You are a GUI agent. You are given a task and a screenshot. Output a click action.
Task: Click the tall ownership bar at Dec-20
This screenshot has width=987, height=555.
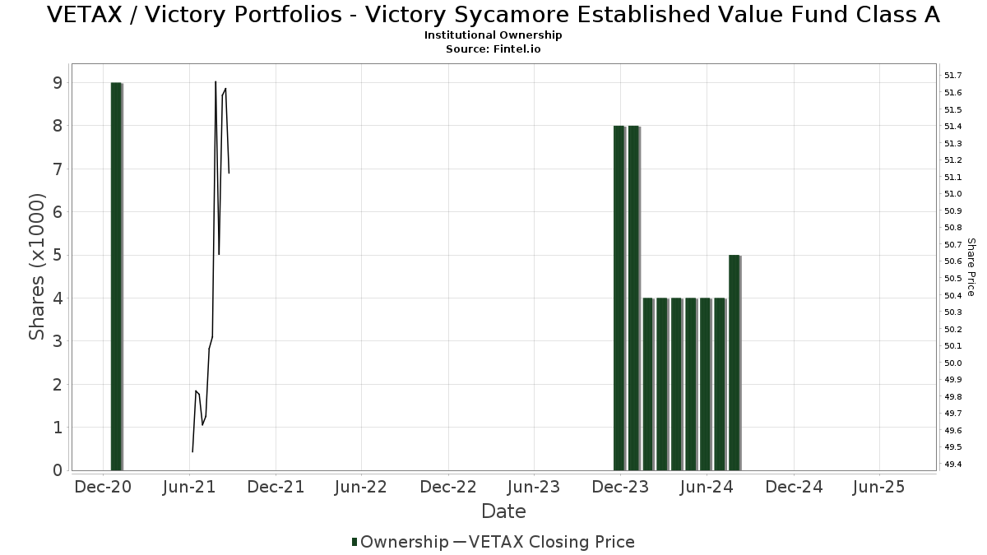[116, 276]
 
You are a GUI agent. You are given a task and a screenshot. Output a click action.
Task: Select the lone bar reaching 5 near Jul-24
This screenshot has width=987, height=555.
[734, 363]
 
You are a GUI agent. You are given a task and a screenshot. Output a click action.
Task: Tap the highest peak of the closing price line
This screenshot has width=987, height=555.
[215, 82]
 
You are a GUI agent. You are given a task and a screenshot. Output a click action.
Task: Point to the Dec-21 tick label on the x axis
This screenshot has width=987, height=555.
[276, 487]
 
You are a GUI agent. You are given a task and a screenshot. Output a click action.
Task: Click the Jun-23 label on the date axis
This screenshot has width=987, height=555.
[535, 487]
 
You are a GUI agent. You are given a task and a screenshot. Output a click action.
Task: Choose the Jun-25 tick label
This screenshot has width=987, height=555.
[879, 487]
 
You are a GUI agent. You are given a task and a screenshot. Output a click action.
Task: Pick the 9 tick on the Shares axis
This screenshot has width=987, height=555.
[57, 83]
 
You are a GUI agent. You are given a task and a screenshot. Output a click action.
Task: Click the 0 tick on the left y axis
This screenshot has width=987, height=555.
[57, 470]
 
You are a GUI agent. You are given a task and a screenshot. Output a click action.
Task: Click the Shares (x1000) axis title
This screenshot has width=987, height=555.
[37, 267]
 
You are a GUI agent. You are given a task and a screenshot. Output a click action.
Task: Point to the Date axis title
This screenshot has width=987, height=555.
[503, 511]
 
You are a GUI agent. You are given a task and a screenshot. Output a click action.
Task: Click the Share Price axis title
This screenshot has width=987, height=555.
[971, 267]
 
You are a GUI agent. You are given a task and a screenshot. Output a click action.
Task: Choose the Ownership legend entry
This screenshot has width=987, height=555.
[400, 542]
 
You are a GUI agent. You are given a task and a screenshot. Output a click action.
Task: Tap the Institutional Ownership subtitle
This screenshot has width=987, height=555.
[493, 35]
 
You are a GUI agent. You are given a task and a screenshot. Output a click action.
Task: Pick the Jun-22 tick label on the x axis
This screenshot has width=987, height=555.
[362, 487]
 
